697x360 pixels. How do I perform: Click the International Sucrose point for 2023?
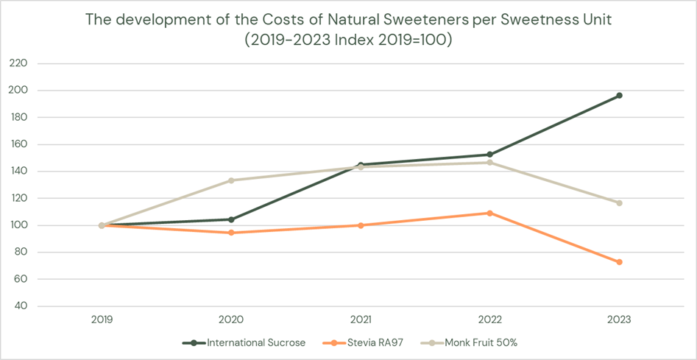619,96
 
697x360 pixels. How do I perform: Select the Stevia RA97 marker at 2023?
619,262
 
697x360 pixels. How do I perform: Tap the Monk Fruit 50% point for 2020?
231,180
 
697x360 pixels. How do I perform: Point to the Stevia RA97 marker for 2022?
489,213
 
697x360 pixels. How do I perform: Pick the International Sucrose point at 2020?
231,219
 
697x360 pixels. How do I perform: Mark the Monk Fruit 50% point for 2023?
619,203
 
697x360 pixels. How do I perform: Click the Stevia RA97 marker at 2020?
231,233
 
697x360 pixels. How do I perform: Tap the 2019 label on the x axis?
102,320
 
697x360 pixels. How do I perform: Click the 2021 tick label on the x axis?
361,320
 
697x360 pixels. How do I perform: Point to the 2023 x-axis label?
619,320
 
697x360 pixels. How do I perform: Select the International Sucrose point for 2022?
489,155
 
